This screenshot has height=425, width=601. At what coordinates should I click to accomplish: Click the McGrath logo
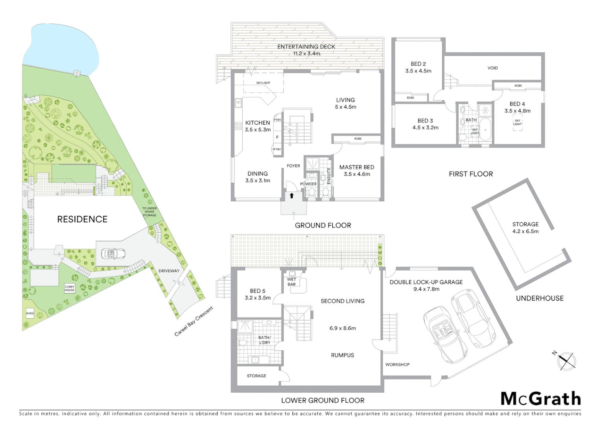pos(541,399)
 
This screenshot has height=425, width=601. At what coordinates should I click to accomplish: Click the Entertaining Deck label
pos(306,46)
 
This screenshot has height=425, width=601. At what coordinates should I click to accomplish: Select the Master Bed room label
pos(357,167)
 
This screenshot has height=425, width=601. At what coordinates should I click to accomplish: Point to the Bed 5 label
pos(258,291)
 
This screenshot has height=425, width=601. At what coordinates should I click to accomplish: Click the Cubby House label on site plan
pos(70,288)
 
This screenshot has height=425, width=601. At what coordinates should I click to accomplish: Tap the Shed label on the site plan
pos(30,313)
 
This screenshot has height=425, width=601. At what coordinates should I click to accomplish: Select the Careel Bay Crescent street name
pos(194,322)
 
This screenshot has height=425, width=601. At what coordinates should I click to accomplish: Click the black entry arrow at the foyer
pos(291,196)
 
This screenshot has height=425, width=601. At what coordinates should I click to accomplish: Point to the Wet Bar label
pos(291,282)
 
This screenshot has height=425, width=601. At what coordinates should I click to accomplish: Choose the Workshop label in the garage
pos(397,364)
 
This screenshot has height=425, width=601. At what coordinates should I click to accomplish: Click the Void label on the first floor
pos(492,68)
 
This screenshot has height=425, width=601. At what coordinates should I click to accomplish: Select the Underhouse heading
pos(540,298)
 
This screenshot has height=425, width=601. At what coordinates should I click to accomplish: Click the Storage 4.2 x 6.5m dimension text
pos(525,231)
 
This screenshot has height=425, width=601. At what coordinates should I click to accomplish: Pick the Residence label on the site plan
pos(82,219)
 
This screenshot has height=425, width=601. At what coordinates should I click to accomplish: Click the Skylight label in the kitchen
pos(263,83)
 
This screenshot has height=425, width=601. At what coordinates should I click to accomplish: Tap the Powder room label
pos(308,184)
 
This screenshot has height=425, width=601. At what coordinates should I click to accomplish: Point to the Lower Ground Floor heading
pos(323,401)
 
